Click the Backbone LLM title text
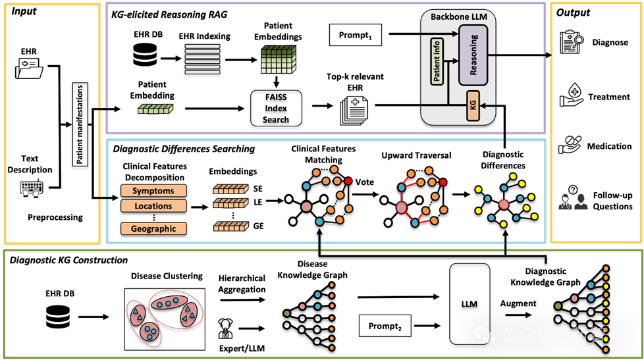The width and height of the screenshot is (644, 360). coord(458,16)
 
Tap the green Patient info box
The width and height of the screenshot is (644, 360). coord(437,61)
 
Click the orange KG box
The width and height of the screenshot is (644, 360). coord(472,107)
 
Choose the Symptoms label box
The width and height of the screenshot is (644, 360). coord(153,191)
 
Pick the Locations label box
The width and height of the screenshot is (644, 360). coord(153,206)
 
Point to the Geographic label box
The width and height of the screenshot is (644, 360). coord(153,229)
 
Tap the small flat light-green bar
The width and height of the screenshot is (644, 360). coord(155,109)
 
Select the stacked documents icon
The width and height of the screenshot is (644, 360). coord(354,110)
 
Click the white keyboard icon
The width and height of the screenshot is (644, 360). coord(32,188)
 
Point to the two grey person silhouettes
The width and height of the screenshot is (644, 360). coord(573,202)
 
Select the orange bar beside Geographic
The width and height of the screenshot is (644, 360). coord(230,226)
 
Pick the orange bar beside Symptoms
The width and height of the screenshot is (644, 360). coord(230,190)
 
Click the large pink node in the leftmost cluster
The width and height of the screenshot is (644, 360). coord(306,207)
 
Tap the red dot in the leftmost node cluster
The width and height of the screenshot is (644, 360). coord(348,180)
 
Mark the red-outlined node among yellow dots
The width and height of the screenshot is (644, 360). coord(504,204)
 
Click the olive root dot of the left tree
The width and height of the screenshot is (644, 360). coord(286,313)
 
